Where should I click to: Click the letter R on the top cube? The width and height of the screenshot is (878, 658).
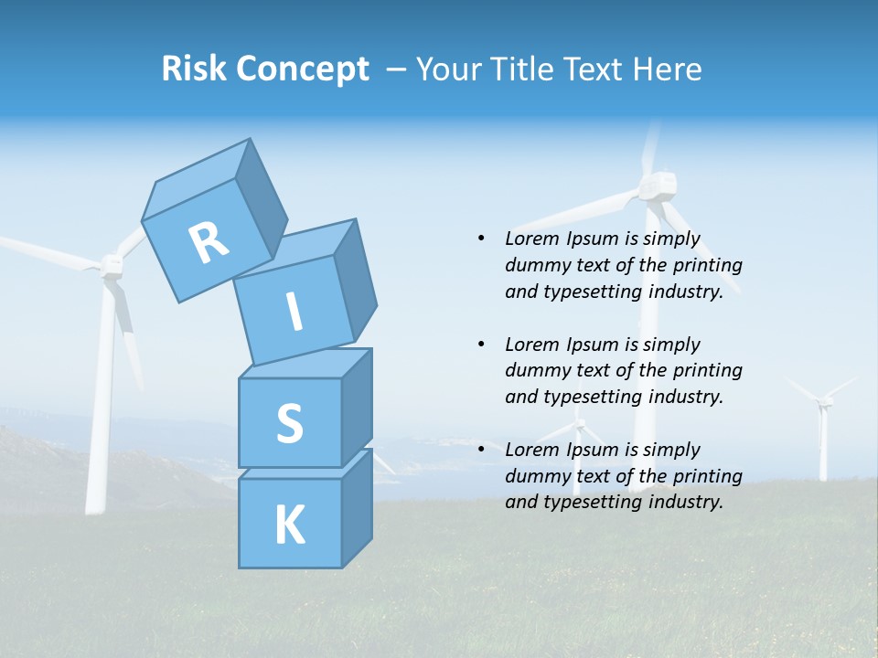click(x=208, y=243)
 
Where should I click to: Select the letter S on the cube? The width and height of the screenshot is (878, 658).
click(x=289, y=424)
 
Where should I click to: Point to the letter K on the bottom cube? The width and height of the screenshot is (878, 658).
click(x=289, y=525)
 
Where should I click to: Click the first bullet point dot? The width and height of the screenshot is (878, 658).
click(x=481, y=239)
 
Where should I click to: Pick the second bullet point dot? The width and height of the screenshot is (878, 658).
click(x=481, y=345)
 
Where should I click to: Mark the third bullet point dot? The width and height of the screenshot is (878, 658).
click(x=481, y=450)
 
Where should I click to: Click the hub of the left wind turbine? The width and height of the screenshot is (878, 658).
click(x=111, y=264)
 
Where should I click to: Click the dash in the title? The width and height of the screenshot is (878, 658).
click(x=397, y=69)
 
